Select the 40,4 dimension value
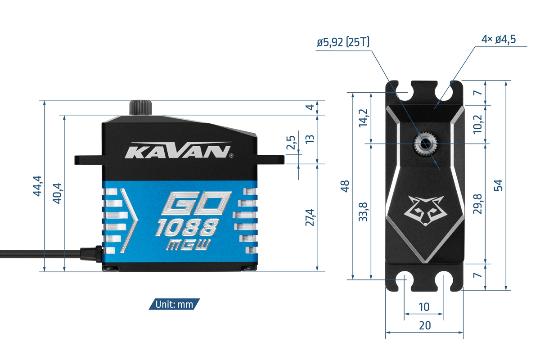coord(57,193)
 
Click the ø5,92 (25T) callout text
coord(342,42)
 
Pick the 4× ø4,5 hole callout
coord(498,39)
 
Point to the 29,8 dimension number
coord(478,203)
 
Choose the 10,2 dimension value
coord(478,124)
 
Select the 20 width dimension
coord(424,325)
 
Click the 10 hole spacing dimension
coord(424,307)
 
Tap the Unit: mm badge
coord(174,304)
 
